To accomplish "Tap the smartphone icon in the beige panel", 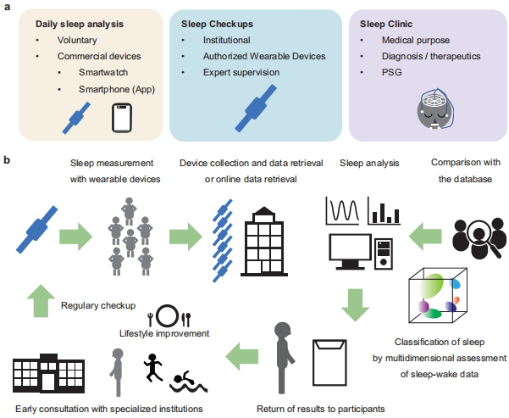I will (x=124, y=119).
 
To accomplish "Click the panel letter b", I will (x=8, y=159).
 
